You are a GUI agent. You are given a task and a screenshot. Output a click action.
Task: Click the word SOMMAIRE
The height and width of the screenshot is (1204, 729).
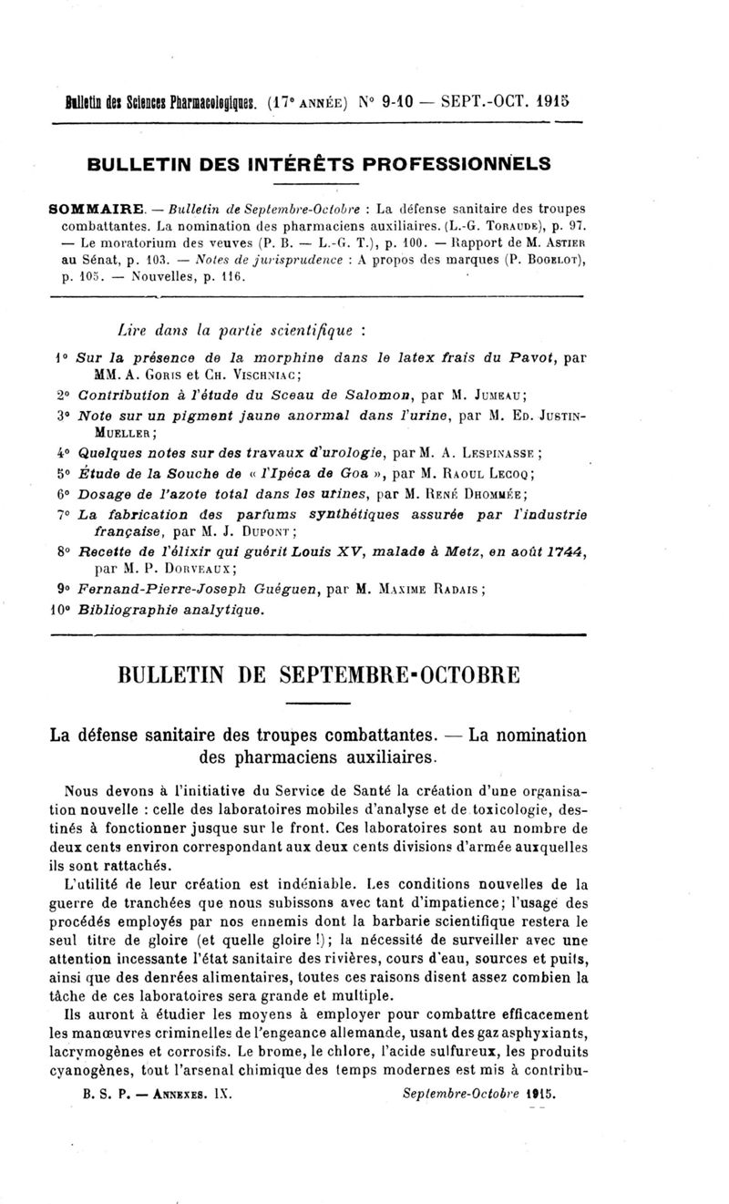coord(99,208)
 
